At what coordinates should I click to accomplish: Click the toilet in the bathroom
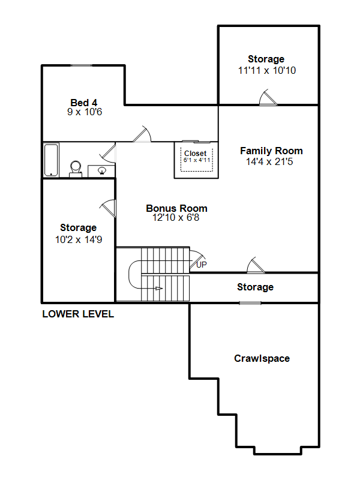76,169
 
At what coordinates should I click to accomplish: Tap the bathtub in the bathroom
51,160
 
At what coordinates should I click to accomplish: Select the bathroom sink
102,170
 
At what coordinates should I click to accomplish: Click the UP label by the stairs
202,265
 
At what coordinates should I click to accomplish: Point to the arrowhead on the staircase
159,289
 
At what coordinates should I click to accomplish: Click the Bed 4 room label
84,103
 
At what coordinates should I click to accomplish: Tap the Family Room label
271,151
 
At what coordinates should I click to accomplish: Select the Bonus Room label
176,208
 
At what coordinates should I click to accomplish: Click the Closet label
196,153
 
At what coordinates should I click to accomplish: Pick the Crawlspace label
262,358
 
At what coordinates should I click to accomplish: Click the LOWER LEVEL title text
78,314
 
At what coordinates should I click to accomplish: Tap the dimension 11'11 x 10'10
267,70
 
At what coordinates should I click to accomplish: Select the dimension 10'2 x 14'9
79,239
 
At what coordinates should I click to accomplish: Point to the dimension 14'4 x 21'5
269,161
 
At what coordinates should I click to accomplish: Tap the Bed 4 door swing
142,134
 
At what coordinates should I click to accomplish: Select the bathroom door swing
108,153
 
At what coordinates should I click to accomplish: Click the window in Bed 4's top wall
82,65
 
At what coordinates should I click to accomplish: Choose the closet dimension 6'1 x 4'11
197,160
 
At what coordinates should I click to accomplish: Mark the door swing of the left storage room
108,208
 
